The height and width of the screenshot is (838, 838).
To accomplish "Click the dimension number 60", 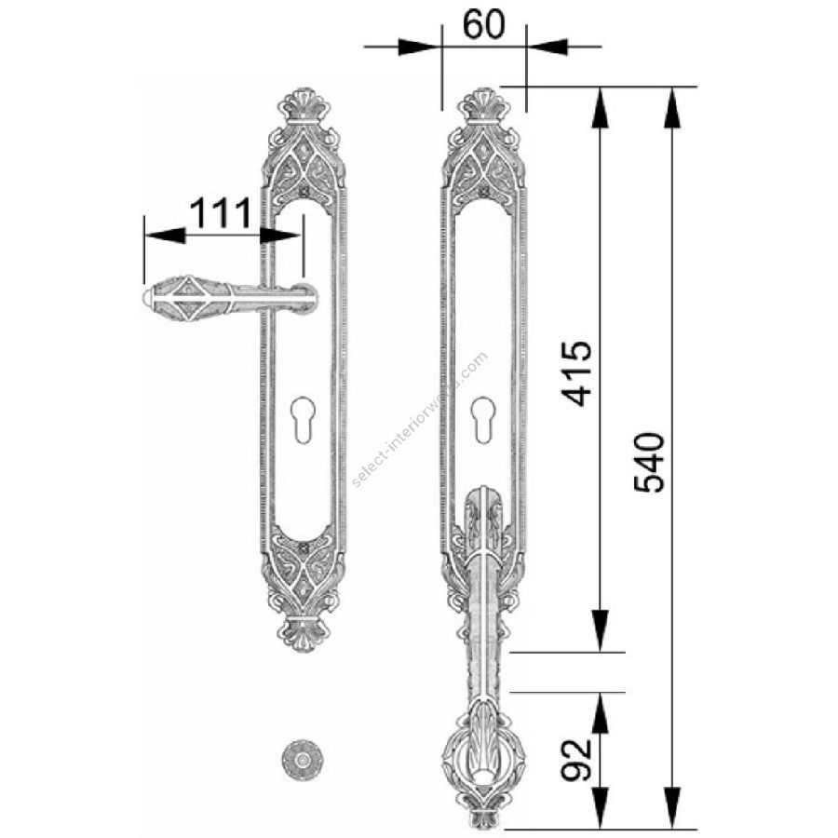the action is point(483,24).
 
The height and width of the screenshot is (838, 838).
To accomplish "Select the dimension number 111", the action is point(220,212).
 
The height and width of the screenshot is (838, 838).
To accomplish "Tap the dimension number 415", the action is point(576,373).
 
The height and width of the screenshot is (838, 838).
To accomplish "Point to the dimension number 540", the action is point(649,462).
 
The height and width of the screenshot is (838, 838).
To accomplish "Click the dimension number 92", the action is point(576,760).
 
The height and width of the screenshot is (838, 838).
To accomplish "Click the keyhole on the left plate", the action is point(303,420).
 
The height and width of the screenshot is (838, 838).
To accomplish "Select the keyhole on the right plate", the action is point(483,420).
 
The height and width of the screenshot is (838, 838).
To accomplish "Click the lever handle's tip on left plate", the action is point(146,298).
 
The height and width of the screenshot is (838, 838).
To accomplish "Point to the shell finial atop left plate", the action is point(304,104).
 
